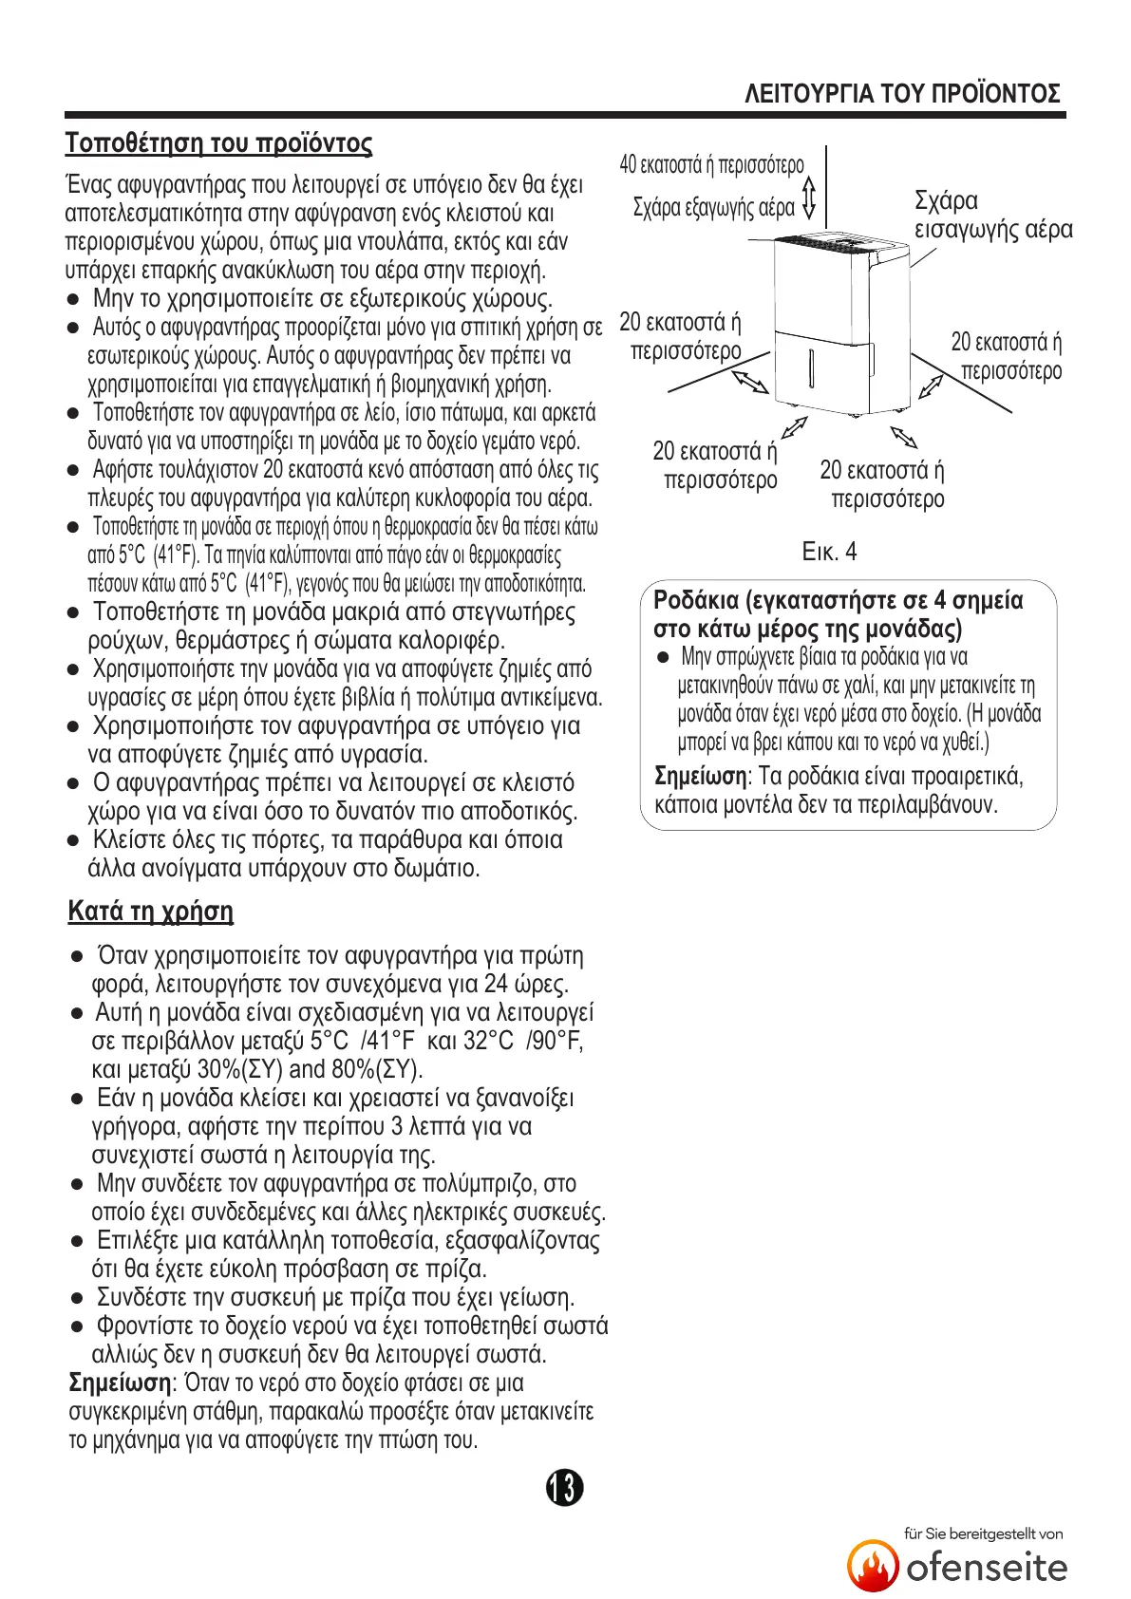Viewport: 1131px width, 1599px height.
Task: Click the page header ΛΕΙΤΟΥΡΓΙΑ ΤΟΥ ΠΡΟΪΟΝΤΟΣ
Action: [902, 93]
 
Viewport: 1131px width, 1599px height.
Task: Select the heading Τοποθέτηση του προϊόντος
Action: [218, 143]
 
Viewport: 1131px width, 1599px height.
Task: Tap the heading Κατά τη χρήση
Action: [150, 911]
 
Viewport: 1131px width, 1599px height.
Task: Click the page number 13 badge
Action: [564, 1487]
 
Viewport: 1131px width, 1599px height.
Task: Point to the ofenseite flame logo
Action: [873, 1566]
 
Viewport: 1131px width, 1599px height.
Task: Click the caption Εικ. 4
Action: [829, 552]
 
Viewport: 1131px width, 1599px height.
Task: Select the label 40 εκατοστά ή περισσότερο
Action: [711, 164]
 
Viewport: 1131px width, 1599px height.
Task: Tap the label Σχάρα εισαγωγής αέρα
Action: [992, 216]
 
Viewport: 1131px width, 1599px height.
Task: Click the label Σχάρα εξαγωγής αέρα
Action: [713, 207]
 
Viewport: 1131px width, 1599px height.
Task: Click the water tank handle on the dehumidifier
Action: [812, 367]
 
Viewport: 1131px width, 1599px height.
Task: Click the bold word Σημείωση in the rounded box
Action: [701, 777]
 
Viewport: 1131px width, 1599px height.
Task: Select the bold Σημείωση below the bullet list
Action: [120, 1383]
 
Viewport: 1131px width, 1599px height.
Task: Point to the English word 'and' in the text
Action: [307, 1069]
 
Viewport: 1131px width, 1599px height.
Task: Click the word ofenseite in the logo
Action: [987, 1567]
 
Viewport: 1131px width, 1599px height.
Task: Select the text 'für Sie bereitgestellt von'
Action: [983, 1533]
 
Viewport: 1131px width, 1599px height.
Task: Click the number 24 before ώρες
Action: [497, 984]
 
